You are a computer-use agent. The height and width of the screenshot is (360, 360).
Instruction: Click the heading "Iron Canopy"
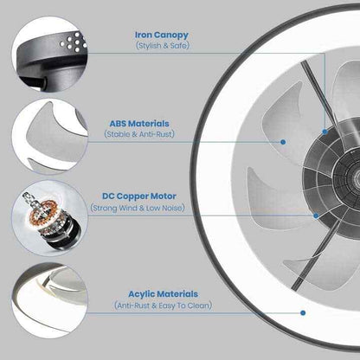[x=162, y=35]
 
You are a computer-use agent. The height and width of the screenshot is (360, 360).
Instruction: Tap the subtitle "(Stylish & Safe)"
[x=163, y=46]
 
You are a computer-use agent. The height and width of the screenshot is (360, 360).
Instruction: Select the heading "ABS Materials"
[x=139, y=124]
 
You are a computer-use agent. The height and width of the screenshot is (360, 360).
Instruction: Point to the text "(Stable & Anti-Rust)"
[x=139, y=134]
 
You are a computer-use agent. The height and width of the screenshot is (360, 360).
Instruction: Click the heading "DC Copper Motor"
[x=139, y=196]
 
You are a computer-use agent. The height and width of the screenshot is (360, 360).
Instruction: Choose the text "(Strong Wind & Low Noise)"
[x=138, y=208]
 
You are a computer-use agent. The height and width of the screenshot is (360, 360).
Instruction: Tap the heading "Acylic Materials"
[x=163, y=294]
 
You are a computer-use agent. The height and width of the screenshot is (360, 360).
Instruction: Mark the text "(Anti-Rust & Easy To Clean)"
[x=163, y=305]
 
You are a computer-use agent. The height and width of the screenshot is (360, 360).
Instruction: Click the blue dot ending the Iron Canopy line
[x=325, y=132]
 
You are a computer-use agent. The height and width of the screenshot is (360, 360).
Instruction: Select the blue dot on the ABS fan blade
[x=283, y=142]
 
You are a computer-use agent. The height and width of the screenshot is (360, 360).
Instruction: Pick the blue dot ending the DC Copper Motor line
[x=316, y=215]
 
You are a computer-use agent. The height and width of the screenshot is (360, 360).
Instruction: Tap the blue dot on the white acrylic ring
[x=303, y=312]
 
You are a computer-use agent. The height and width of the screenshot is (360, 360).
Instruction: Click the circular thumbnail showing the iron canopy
[x=49, y=55]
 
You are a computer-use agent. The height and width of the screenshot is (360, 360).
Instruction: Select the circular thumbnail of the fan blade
[x=49, y=137]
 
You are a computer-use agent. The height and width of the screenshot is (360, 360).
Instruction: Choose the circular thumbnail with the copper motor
[x=49, y=218]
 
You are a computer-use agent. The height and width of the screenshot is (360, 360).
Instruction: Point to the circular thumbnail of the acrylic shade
[x=49, y=300]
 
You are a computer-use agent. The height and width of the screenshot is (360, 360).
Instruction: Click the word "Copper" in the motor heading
[x=132, y=196]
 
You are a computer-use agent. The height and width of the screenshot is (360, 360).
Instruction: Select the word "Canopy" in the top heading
[x=171, y=35]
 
